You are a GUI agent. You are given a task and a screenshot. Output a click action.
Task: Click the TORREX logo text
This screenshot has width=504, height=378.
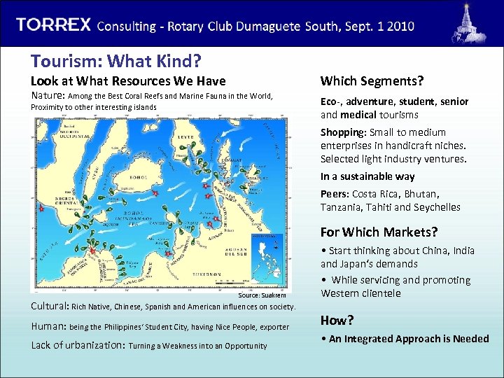pyautogui.click(x=54, y=24)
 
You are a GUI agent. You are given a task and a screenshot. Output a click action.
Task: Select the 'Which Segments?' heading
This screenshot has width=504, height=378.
pyautogui.click(x=372, y=81)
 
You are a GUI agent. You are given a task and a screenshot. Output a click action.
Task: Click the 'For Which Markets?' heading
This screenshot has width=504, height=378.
pyautogui.click(x=379, y=232)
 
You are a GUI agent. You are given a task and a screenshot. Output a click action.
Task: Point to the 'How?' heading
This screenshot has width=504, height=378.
pyautogui.click(x=337, y=320)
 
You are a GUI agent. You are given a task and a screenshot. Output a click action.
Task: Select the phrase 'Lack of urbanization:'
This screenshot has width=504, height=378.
pyautogui.click(x=78, y=345)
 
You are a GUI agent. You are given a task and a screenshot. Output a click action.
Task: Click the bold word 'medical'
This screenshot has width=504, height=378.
pyautogui.click(x=359, y=115)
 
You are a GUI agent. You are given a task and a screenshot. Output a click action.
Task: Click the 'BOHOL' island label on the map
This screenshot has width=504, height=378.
pyautogui.click(x=135, y=176)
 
